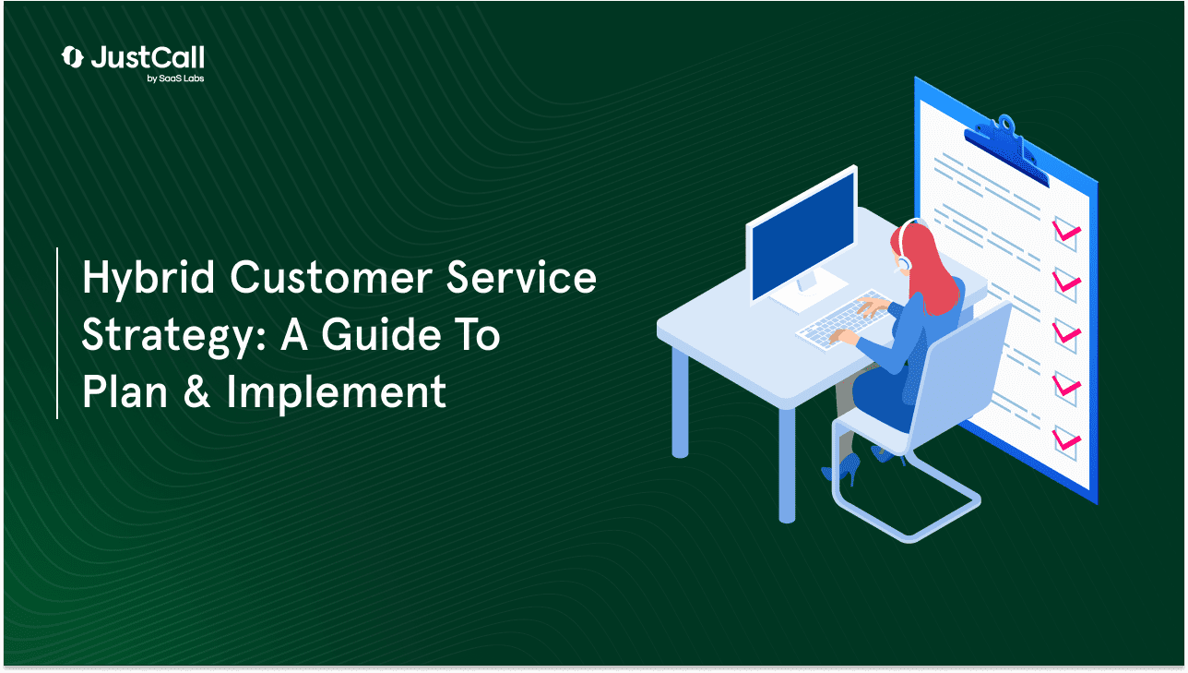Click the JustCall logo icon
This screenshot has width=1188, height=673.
click(72, 57)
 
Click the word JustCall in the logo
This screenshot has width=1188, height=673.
click(148, 57)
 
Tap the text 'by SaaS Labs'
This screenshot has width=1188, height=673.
click(175, 78)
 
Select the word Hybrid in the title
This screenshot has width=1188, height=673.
click(148, 279)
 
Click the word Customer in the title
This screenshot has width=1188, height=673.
click(331, 278)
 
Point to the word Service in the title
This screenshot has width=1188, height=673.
click(521, 277)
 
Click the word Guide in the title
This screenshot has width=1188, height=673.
click(381, 334)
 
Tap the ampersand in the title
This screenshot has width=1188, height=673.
click(196, 391)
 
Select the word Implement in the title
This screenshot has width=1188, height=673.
click(337, 393)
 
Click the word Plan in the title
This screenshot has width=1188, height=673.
click(125, 391)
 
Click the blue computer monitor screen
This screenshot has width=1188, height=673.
click(803, 235)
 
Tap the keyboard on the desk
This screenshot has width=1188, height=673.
click(842, 319)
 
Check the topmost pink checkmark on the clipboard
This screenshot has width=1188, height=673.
click(1066, 232)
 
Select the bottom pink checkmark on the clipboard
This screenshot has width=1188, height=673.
click(1066, 440)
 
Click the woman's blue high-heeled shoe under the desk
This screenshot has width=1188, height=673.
click(842, 468)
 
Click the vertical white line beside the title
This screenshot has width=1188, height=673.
click(57, 332)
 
